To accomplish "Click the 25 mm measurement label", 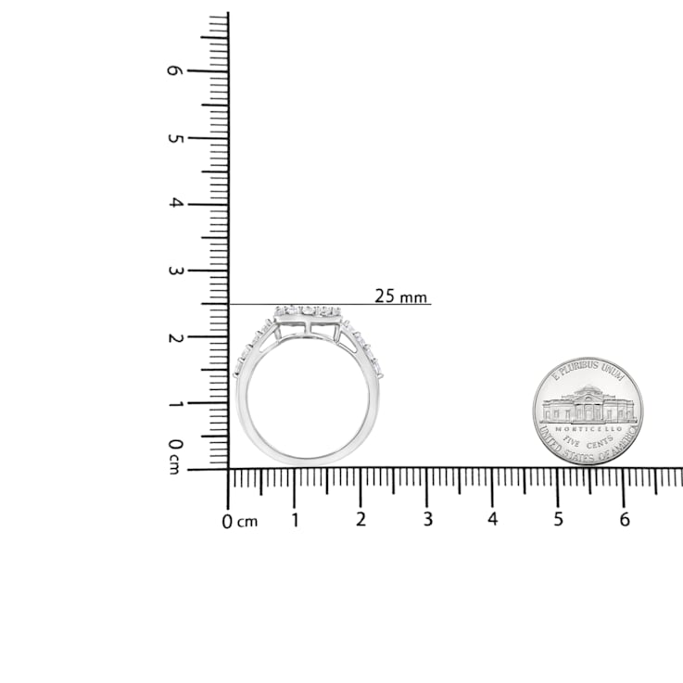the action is (x=400, y=297).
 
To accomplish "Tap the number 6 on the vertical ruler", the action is (x=175, y=70).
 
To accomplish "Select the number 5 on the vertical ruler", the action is (x=175, y=138).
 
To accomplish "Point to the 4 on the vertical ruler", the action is (x=175, y=203).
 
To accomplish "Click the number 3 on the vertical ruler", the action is (x=175, y=271).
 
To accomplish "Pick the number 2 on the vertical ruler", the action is (x=175, y=337).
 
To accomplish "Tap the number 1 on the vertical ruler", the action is (x=175, y=404).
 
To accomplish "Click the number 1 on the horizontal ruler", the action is (x=295, y=520).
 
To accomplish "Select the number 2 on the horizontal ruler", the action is (x=360, y=519).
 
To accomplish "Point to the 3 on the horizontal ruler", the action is (x=428, y=519).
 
